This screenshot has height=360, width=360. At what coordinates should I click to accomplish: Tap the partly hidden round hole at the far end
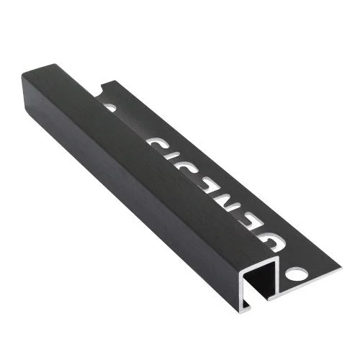109,107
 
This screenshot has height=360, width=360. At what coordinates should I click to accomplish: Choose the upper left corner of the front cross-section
242,271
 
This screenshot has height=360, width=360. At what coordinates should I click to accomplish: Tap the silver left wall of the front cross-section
241,290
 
